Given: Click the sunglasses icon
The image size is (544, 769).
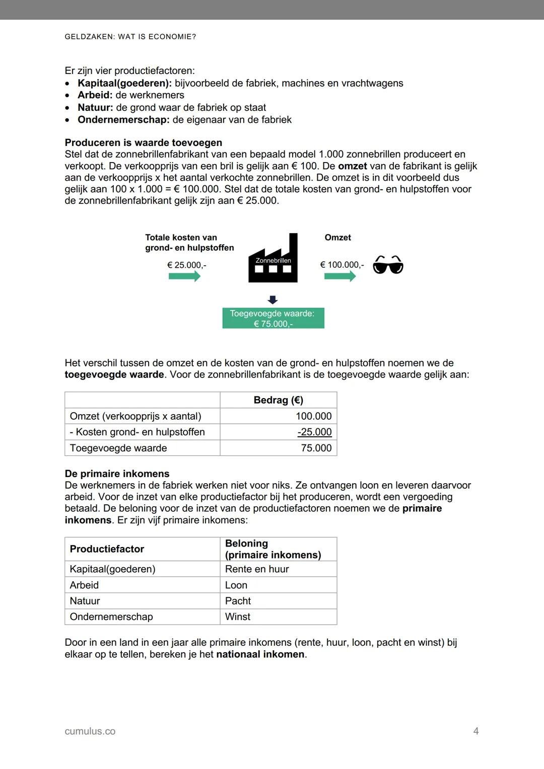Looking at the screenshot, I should click(388, 265).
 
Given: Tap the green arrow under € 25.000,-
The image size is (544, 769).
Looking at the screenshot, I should click(184, 276).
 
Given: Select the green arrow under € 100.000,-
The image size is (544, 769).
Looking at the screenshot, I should click(340, 276).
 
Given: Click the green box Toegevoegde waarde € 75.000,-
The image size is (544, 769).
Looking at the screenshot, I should click(273, 319).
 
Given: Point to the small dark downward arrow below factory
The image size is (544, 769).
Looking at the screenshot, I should click(273, 300).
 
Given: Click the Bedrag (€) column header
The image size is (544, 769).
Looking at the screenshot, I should click(278, 400).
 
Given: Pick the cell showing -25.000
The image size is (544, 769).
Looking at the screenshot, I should click(314, 432).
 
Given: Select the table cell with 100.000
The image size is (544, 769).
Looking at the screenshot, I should click(313, 416).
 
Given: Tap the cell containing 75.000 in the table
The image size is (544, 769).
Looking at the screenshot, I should click(316, 448).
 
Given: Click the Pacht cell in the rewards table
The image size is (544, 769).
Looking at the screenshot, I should click(238, 601).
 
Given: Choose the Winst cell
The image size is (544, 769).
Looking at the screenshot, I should click(238, 617).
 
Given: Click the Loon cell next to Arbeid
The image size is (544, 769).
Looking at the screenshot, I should click(236, 585).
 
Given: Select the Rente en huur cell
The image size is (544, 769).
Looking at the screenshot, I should click(257, 569).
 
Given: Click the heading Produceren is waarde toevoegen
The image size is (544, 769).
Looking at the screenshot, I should click(144, 142).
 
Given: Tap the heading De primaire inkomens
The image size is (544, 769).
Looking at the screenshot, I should click(117, 474).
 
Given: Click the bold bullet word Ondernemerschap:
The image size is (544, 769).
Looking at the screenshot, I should click(123, 120).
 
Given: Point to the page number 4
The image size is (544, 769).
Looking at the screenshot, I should click(476, 731).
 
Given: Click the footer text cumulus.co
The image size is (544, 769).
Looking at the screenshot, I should click(90, 731).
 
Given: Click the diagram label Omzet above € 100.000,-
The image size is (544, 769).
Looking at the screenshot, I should click(337, 238).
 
